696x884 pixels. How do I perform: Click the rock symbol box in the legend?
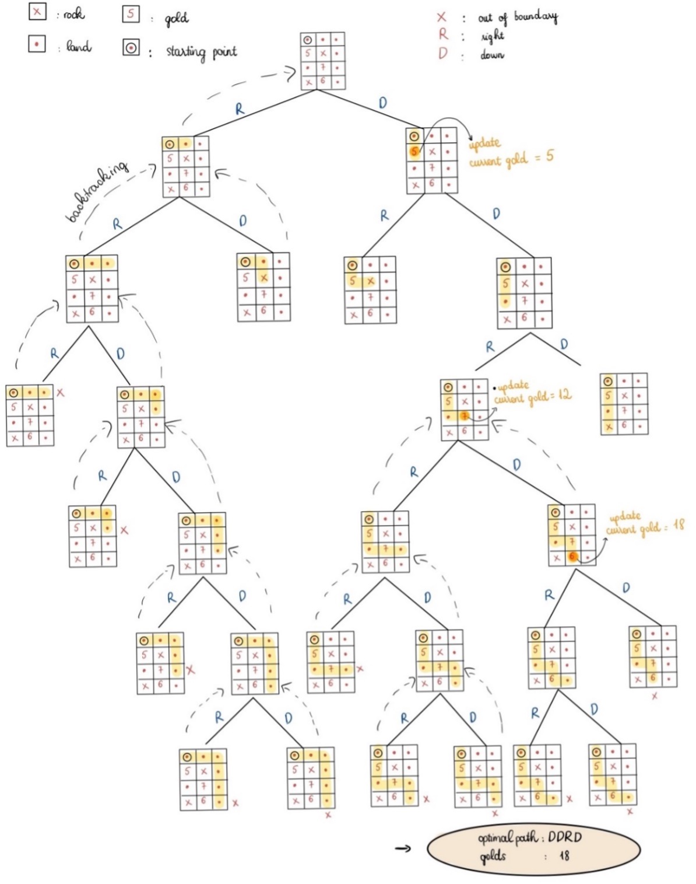tap(37, 12)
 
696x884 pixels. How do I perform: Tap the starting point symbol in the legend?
tap(131, 48)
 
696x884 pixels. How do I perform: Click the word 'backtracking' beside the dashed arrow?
tap(96, 191)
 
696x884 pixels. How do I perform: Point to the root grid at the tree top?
tap(322, 61)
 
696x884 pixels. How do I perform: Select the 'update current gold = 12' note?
tap(532, 392)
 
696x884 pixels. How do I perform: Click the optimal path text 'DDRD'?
tap(564, 837)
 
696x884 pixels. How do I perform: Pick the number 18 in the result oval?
tap(564, 856)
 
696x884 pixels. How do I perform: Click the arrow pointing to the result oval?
tap(403, 848)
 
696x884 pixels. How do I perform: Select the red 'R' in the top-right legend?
tap(444, 35)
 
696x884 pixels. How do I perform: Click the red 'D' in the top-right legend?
tap(443, 54)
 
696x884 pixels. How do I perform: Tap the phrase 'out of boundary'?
tap(517, 17)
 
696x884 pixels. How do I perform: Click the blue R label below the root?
tap(240, 109)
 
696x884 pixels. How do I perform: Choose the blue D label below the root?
tap(382, 103)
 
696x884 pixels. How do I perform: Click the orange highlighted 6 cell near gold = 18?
tap(572, 557)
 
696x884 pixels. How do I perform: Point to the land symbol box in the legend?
tap(37, 44)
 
